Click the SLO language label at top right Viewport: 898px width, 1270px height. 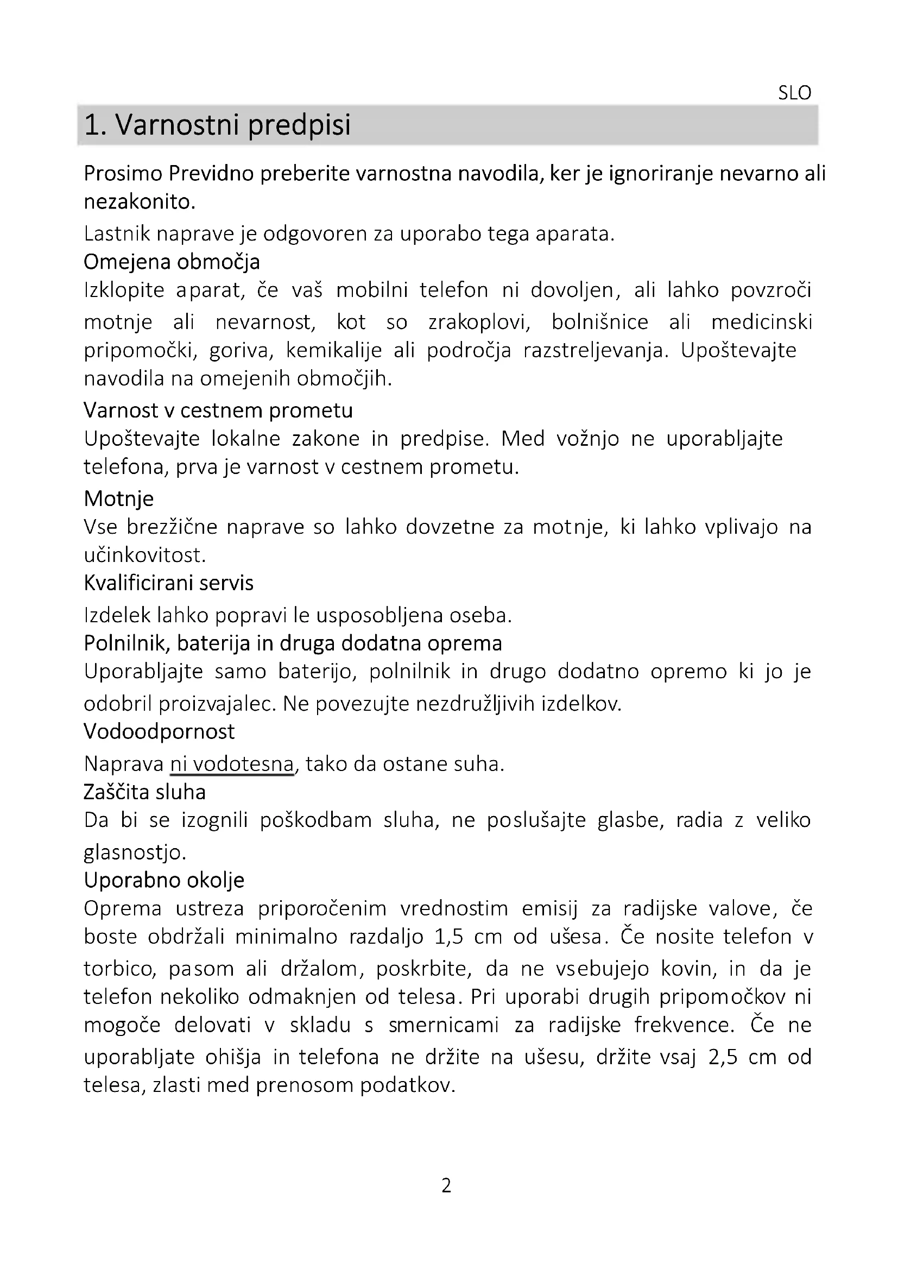pyautogui.click(x=794, y=93)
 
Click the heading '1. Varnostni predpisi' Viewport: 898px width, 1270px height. pyautogui.click(x=217, y=125)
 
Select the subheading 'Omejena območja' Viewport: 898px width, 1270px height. pyautogui.click(x=172, y=262)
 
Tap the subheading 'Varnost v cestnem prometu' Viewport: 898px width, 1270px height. pyautogui.click(x=218, y=410)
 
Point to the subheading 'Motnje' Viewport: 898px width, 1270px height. pyautogui.click(x=118, y=498)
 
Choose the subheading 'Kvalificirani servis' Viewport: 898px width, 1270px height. pyautogui.click(x=168, y=583)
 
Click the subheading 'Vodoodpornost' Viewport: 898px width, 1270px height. pyautogui.click(x=159, y=731)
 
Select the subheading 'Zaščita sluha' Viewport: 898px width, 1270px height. pyautogui.click(x=144, y=792)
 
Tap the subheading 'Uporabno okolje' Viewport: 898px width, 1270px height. pyautogui.click(x=163, y=880)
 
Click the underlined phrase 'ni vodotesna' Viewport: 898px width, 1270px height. pyautogui.click(x=232, y=764)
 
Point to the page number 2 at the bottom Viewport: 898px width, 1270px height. pyautogui.click(x=446, y=1185)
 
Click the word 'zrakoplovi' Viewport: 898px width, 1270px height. pyautogui.click(x=479, y=322)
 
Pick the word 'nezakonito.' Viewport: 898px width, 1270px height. pyautogui.click(x=140, y=203)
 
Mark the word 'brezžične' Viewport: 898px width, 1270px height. pyautogui.click(x=172, y=527)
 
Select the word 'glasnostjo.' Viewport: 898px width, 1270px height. pyautogui.click(x=135, y=852)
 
